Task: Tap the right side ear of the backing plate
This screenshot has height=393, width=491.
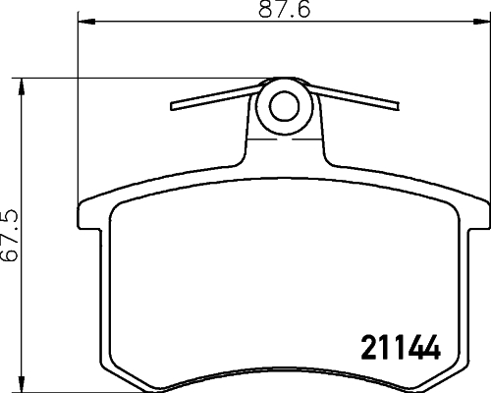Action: [x=477, y=217]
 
